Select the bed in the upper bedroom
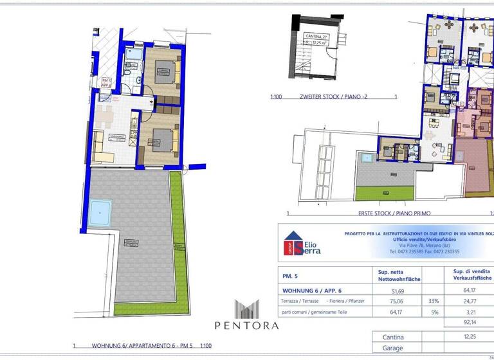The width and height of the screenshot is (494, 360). [165, 74]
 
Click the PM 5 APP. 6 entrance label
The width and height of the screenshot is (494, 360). [106, 82]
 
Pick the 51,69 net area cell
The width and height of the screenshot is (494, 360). [389, 291]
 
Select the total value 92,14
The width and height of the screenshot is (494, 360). [472, 322]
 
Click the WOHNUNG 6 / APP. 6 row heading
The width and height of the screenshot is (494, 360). [311, 291]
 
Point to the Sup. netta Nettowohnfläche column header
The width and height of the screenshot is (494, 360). [390, 275]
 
